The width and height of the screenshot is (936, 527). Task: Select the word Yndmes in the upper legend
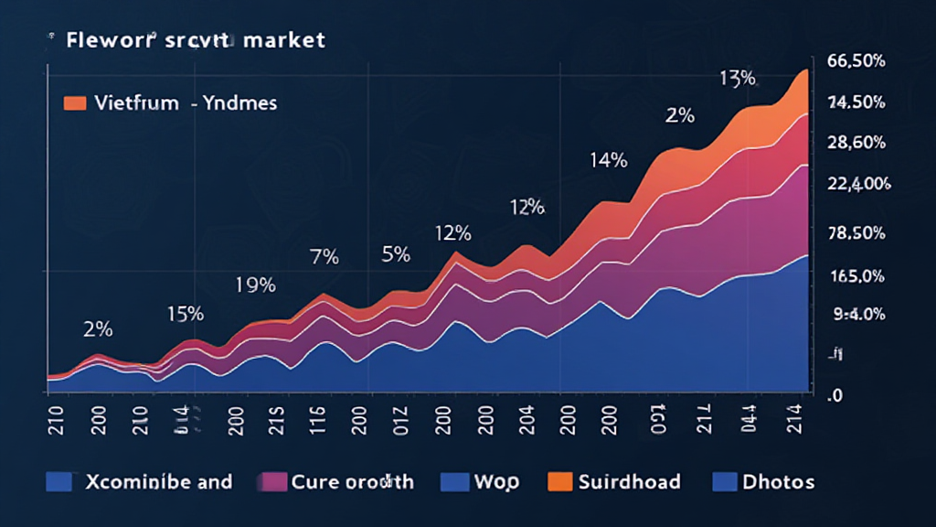tap(242, 103)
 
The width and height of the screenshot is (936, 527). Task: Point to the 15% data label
tap(185, 314)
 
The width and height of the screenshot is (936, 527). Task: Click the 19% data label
tap(256, 285)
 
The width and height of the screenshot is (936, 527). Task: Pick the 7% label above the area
tap(324, 257)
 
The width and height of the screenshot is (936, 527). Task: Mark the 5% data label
tap(395, 255)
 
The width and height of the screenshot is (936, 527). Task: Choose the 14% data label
tap(608, 161)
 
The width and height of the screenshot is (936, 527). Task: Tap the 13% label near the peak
tap(737, 79)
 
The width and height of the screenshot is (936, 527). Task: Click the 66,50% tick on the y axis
tap(854, 61)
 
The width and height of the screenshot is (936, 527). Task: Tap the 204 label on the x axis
tap(515, 412)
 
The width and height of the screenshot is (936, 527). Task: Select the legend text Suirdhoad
tap(630, 481)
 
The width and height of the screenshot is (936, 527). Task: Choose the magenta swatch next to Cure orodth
tap(273, 481)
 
